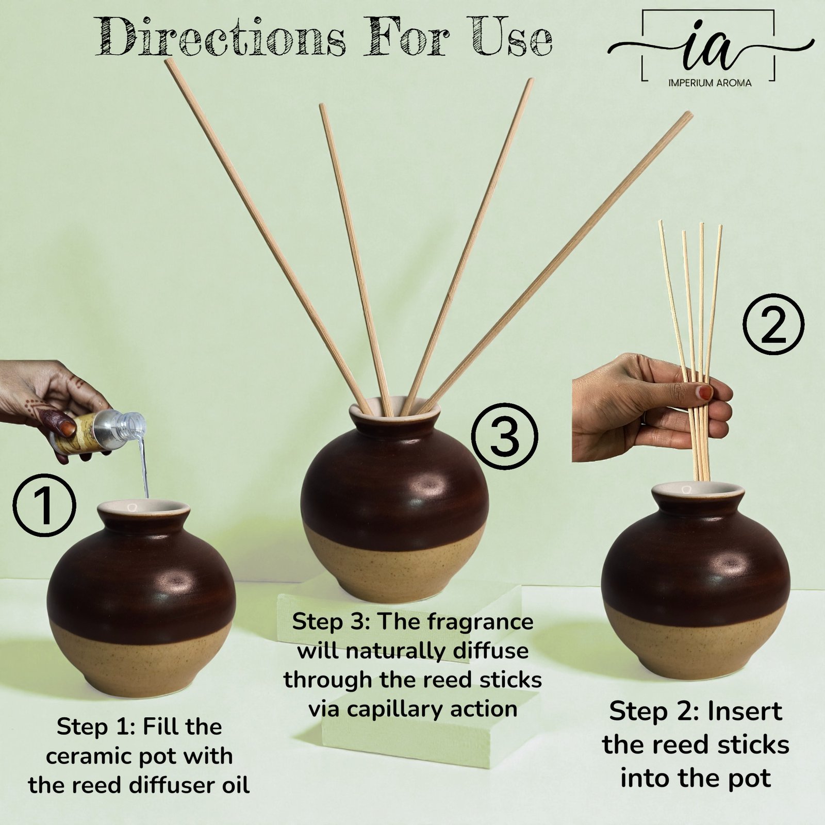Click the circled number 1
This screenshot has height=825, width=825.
[44, 506]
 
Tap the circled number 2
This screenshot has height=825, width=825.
[773, 324]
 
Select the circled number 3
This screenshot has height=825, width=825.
[505, 437]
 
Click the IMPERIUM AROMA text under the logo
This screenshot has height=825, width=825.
[709, 82]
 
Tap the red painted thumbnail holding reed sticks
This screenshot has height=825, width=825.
[704, 393]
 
